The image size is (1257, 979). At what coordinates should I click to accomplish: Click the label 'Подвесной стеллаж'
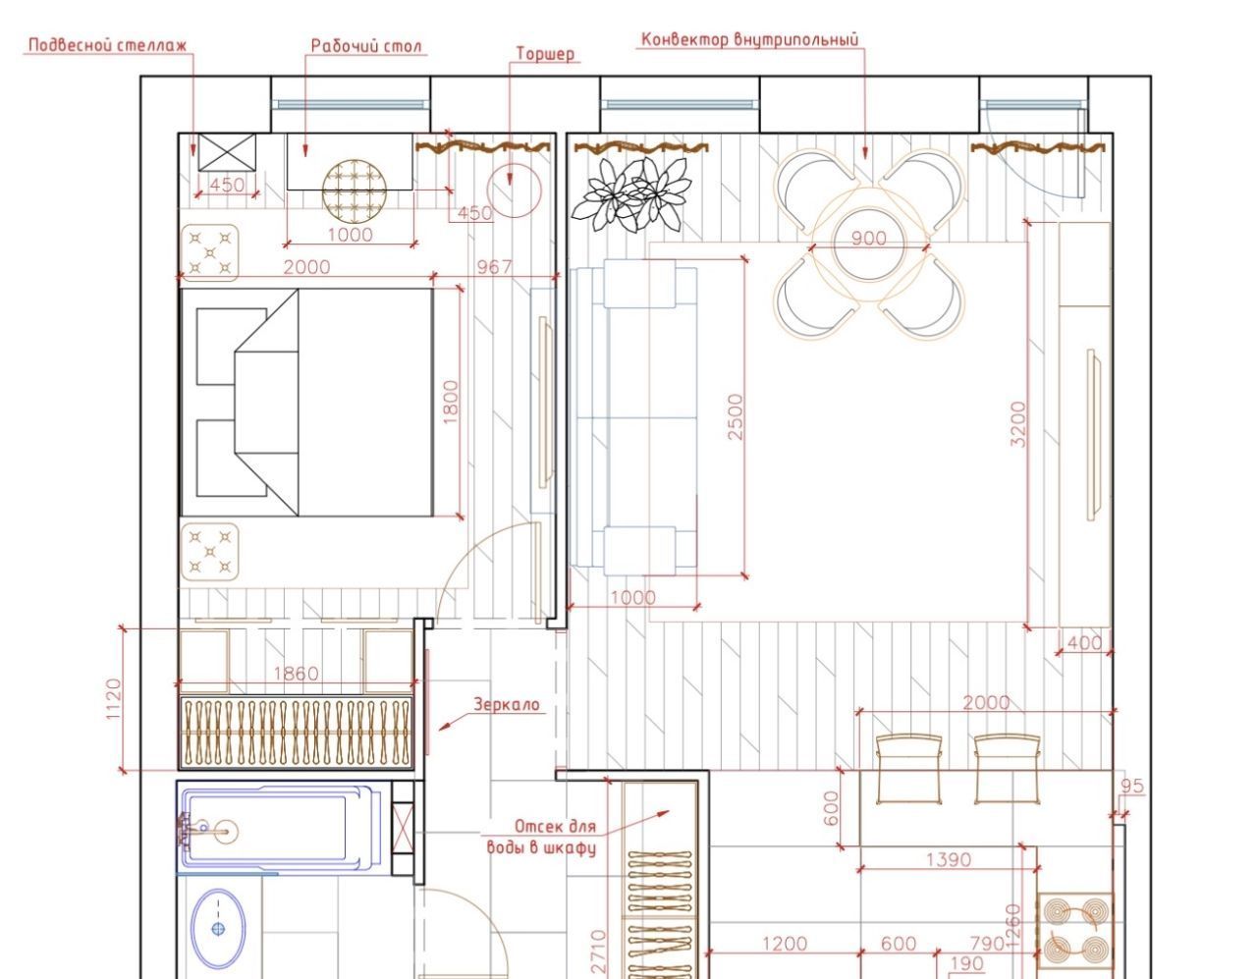tap(108, 45)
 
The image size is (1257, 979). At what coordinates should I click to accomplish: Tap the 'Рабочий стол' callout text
tap(366, 46)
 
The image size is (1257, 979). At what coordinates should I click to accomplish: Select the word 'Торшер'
tap(545, 54)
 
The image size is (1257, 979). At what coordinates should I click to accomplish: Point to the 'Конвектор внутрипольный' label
tap(750, 40)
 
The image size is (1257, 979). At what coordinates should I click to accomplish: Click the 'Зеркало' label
tap(507, 704)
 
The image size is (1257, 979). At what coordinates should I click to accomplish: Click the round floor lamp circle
tap(514, 190)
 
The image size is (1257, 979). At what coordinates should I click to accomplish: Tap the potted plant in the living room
tap(631, 193)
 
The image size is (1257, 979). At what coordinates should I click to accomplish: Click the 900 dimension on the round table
tap(868, 239)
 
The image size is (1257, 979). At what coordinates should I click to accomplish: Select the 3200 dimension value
tap(1017, 424)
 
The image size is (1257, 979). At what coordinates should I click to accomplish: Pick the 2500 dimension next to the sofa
tap(735, 416)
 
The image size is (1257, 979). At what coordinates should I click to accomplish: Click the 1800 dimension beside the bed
tap(450, 402)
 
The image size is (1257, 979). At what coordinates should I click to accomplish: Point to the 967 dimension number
tap(494, 266)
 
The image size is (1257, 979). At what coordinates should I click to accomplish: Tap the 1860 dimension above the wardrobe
tap(297, 673)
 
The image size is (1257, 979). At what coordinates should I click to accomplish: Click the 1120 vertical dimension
tap(113, 699)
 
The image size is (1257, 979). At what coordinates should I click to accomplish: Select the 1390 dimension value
tap(948, 860)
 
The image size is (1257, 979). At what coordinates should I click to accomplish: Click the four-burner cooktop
tap(1075, 931)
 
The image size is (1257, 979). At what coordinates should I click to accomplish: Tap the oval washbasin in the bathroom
tap(218, 929)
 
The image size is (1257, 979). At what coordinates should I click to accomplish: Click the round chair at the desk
tap(354, 191)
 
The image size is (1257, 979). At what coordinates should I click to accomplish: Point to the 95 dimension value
tap(1132, 786)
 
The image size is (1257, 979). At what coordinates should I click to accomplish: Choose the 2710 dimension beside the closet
tap(599, 952)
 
